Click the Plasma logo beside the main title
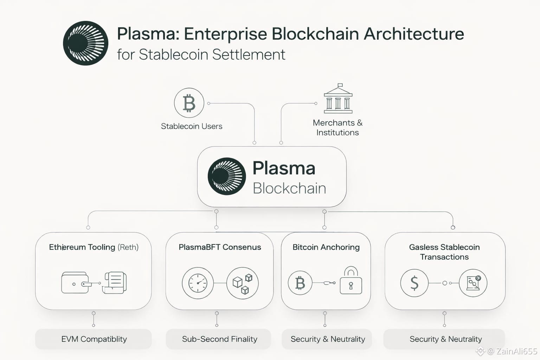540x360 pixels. (x=85, y=43)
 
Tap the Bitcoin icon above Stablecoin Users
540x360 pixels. (x=189, y=103)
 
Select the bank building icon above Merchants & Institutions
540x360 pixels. (x=338, y=99)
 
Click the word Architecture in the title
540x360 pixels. (x=414, y=34)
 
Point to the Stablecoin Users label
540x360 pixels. (x=192, y=126)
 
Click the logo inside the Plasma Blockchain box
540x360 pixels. (x=227, y=176)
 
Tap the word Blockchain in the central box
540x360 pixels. (x=289, y=188)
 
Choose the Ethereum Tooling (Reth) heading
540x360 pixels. (x=94, y=247)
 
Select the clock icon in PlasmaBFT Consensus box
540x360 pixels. (x=198, y=283)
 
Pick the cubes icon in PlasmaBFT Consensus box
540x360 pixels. (x=243, y=283)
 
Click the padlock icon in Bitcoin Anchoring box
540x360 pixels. (x=351, y=281)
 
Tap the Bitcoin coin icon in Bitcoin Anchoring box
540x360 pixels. (x=300, y=283)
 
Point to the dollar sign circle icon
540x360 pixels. (x=414, y=283)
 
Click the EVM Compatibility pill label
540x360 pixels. (x=94, y=339)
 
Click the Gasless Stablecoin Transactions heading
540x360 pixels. (x=444, y=252)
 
